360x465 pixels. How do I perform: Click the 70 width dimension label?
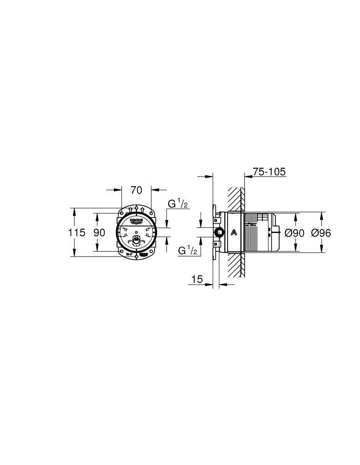tap(136, 190)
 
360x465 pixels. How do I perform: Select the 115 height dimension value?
tap(77, 232)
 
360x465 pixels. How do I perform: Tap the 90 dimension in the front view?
tap(99, 232)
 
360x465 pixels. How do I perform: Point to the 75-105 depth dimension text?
tap(269, 172)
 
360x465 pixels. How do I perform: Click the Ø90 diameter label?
tap(294, 233)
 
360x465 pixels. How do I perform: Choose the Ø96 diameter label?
tap(321, 233)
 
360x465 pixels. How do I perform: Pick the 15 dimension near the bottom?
tap(197, 279)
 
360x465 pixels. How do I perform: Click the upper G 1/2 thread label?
tap(177, 204)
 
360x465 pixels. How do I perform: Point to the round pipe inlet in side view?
tap(218, 233)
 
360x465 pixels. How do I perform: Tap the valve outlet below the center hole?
tap(136, 241)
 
